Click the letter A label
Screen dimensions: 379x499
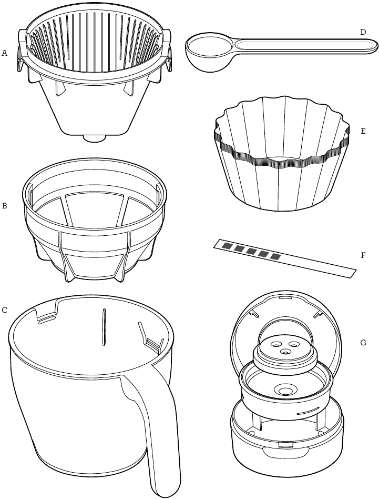click(4, 53)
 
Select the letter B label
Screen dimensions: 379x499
click(4, 206)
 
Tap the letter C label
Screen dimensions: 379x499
click(4, 310)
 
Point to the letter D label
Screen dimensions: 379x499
click(363, 32)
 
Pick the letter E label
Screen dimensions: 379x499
click(363, 131)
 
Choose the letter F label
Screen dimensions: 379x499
click(363, 255)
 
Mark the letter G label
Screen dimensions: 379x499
click(363, 343)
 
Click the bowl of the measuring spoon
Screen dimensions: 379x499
click(210, 53)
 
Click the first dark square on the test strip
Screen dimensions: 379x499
click(227, 245)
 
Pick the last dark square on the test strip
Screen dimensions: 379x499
click(275, 256)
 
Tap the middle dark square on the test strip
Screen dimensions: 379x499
click(251, 251)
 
